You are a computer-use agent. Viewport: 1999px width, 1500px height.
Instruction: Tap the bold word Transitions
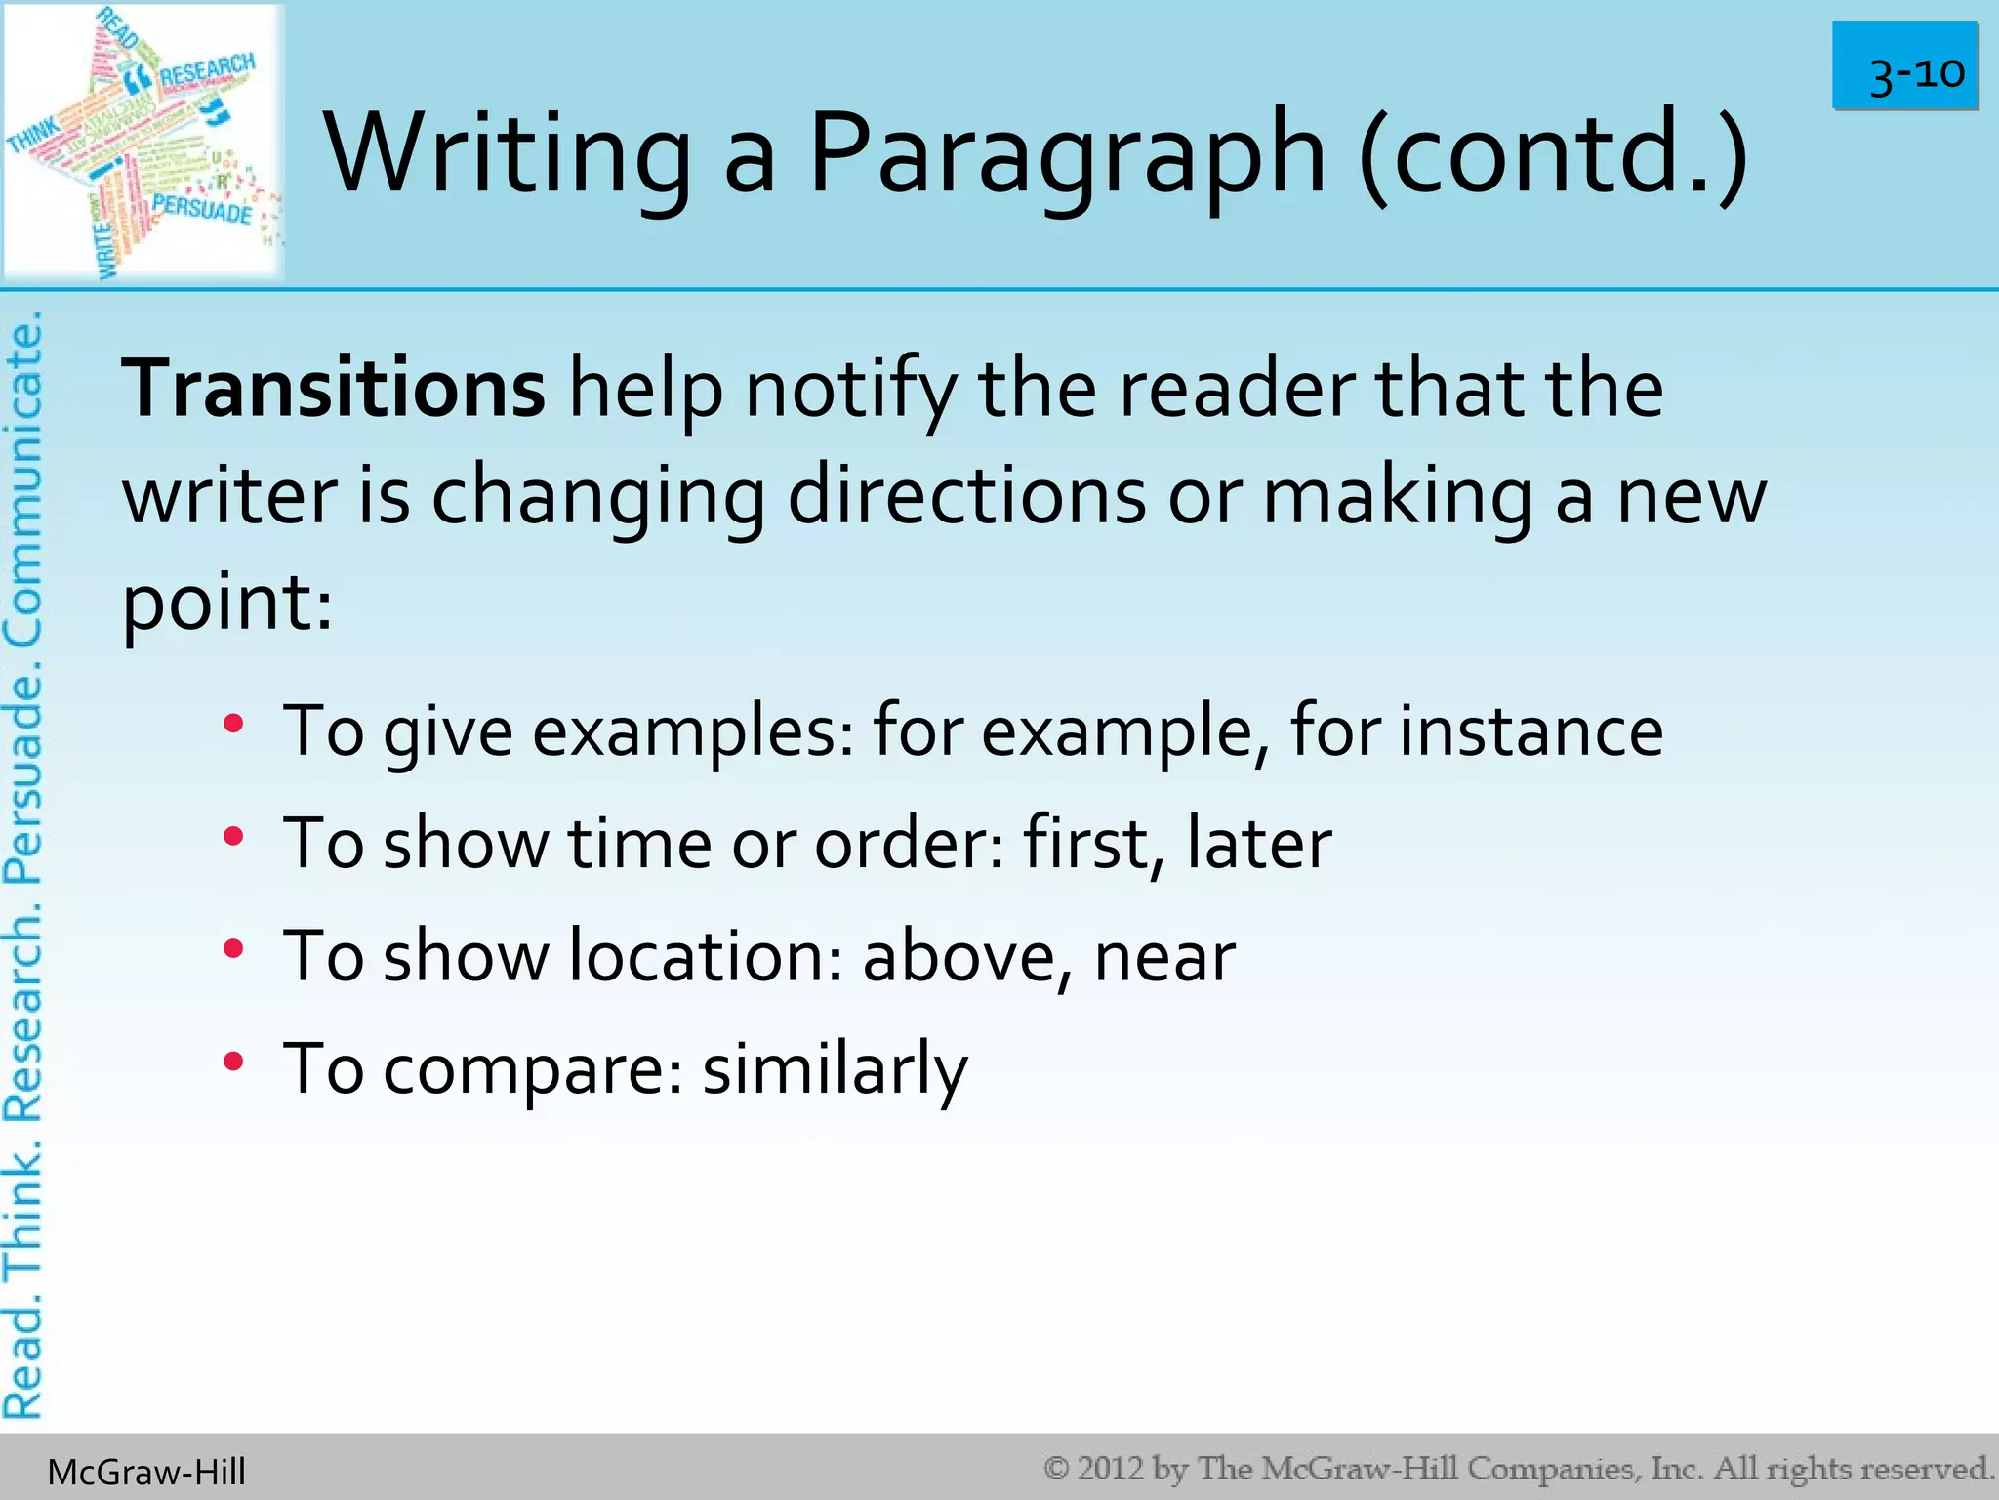click(x=333, y=389)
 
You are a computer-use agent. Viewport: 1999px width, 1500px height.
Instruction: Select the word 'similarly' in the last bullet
click(x=835, y=1069)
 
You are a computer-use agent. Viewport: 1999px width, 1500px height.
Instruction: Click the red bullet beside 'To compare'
click(x=232, y=1062)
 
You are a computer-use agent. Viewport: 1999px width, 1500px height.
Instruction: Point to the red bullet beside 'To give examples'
click(x=232, y=725)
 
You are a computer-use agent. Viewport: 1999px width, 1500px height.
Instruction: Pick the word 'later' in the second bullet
click(x=1259, y=843)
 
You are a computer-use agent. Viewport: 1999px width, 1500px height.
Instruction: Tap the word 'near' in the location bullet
click(x=1164, y=957)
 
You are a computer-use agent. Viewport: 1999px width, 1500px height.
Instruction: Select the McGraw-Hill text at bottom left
click(x=146, y=1472)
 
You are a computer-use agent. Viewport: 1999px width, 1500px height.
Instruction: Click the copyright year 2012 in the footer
click(x=1111, y=1468)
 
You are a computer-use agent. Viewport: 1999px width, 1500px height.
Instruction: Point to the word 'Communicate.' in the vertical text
click(x=23, y=479)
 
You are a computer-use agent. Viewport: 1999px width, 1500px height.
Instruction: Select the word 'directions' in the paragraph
click(x=966, y=496)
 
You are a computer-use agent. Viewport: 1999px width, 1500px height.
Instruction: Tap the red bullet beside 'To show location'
click(x=232, y=949)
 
